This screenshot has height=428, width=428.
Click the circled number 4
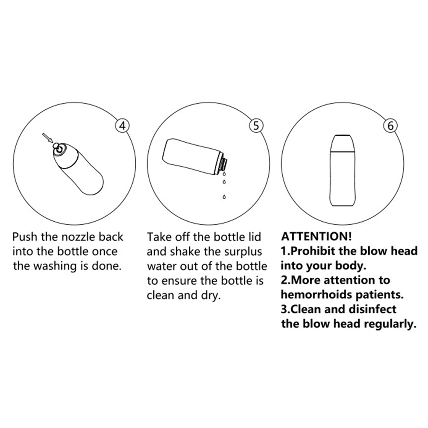(x=123, y=126)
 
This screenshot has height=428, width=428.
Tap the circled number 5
(x=256, y=126)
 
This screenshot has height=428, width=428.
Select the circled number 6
(x=390, y=126)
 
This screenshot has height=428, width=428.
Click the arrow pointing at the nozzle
(x=47, y=138)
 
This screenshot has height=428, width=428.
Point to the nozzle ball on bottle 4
(x=56, y=147)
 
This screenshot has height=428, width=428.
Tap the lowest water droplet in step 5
(x=224, y=196)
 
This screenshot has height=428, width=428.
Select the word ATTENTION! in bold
(x=317, y=236)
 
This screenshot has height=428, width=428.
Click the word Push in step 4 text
(x=25, y=237)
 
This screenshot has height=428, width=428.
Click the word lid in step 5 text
(x=255, y=237)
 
